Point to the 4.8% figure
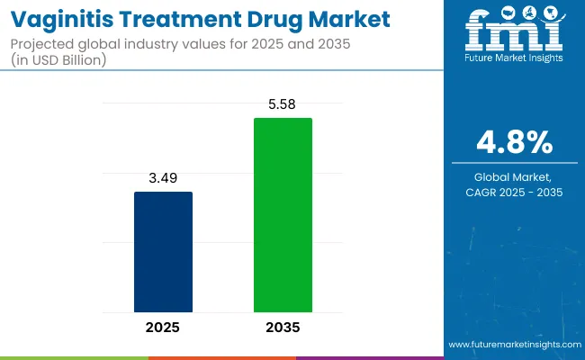coord(515,141)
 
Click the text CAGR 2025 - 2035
coord(515,192)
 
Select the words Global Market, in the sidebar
coord(515,177)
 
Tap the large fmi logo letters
coord(514,35)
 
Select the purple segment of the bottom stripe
coord(369,357)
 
